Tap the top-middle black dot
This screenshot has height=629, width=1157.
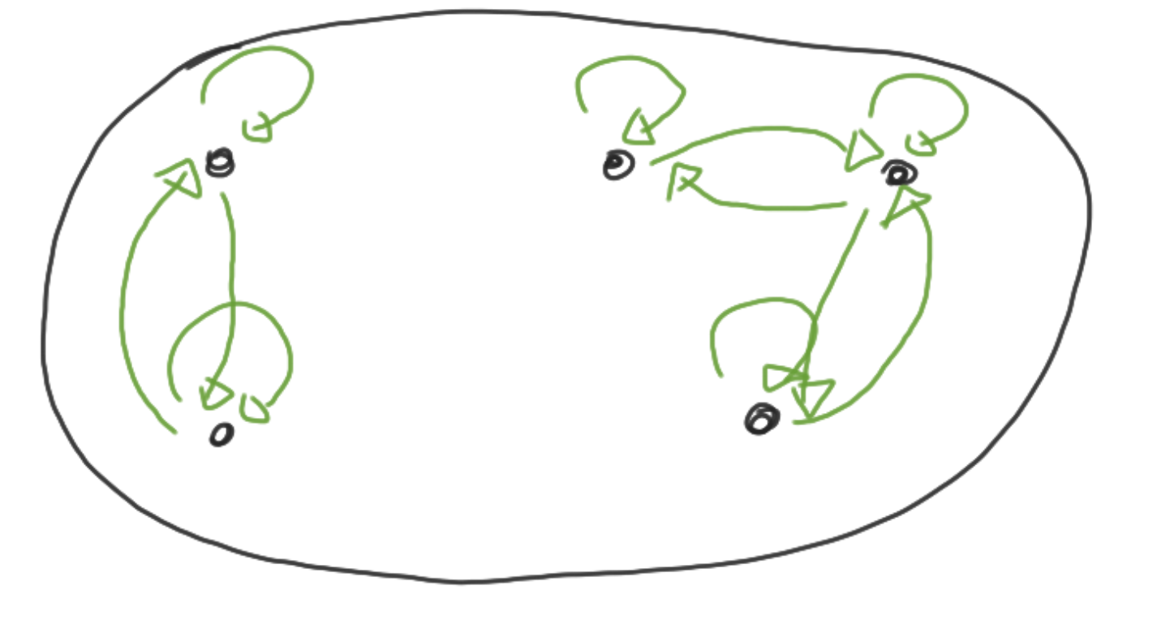[617, 166]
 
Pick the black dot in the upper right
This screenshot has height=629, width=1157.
[899, 173]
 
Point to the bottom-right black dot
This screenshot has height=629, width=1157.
[762, 419]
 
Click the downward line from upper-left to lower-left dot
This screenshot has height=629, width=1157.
[231, 268]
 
